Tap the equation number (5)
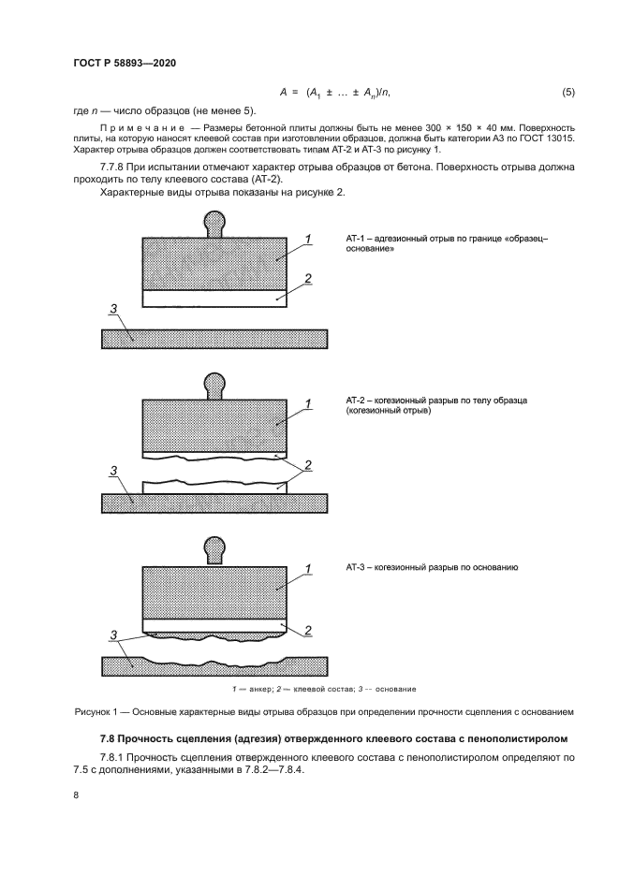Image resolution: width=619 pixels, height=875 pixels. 567,92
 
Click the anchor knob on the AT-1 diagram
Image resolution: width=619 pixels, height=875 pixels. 214,224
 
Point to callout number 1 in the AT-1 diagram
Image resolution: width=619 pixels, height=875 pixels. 307,241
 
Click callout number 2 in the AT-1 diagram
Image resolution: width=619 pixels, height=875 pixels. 307,279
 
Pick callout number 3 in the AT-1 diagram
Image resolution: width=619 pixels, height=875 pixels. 112,310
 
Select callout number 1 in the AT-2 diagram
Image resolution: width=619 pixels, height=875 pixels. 307,404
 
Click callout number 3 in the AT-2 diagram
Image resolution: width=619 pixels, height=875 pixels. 112,471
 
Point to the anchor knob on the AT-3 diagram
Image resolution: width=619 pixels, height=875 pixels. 214,548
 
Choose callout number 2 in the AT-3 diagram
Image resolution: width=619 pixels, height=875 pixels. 307,630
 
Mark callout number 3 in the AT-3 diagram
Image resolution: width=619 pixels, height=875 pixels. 112,635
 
